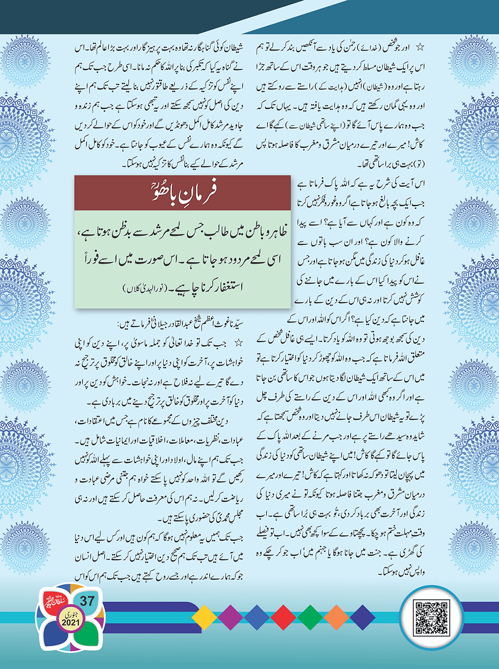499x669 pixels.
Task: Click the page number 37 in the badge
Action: tap(88, 601)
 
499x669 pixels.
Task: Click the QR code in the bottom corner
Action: tap(431, 617)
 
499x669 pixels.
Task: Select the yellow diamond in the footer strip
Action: tap(204, 617)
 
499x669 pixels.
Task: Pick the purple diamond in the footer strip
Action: tap(231, 617)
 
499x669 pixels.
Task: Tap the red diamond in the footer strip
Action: tap(283, 617)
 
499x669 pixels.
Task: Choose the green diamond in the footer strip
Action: tap(310, 617)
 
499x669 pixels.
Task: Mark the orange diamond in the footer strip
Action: tap(336, 617)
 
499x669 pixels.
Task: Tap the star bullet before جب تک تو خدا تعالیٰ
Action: tap(238, 343)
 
